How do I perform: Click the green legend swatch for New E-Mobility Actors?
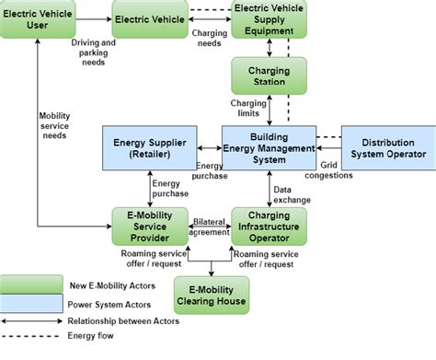pyautogui.click(x=29, y=282)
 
